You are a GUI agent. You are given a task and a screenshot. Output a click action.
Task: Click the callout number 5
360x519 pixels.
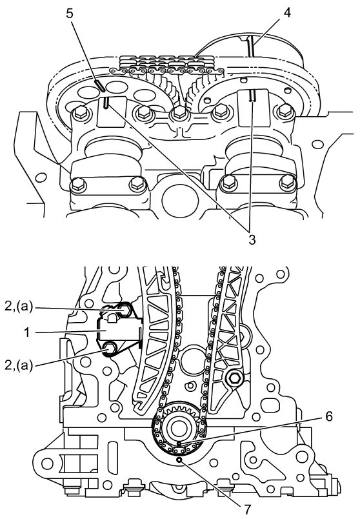point(70,14)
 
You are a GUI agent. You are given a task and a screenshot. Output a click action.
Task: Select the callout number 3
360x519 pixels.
point(252,239)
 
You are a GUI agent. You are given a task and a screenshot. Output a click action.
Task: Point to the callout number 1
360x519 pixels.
point(28,332)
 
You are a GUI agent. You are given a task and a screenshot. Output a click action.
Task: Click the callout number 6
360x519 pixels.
point(328,416)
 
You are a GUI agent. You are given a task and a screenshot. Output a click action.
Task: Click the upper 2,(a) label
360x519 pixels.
point(19,307)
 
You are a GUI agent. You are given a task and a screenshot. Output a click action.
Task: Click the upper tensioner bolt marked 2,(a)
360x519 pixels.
point(125,310)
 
